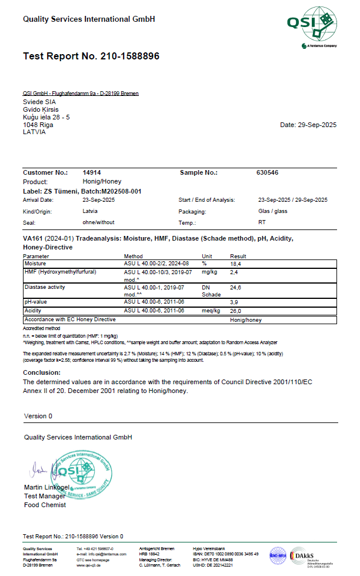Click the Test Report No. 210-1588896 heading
point(91,56)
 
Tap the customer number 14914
point(92,173)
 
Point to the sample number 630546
point(268,173)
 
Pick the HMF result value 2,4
point(234,273)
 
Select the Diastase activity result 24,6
point(236,288)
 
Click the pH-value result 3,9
point(234,302)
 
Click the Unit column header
point(207,257)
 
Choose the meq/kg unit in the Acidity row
point(211,310)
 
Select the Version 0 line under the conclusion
point(38,416)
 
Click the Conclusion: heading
point(42,372)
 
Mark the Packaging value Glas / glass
point(273,211)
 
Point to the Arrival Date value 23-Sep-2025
point(99,200)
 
